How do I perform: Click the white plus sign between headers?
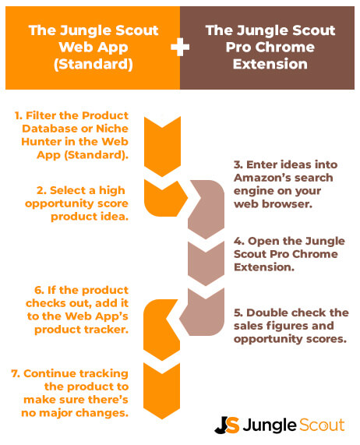(180, 48)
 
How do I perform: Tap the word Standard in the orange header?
(92, 65)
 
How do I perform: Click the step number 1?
(17, 115)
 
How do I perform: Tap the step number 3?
(238, 166)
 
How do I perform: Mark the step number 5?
(238, 313)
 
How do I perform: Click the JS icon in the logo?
(226, 426)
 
